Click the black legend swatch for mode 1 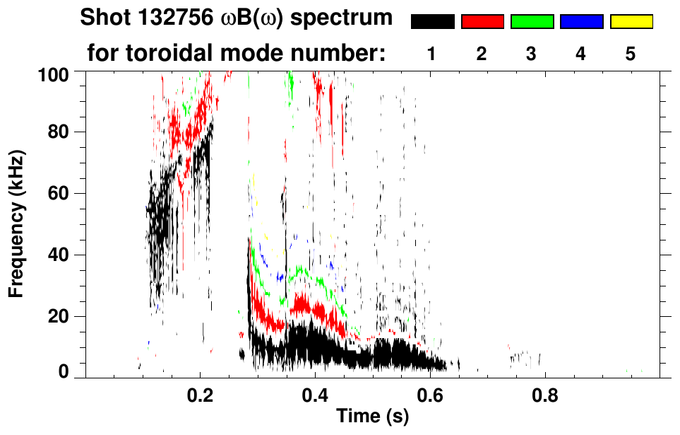tap(433, 22)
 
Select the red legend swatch tap(482, 22)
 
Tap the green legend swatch tap(532, 22)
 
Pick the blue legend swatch tap(581, 22)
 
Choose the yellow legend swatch tap(631, 22)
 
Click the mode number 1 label tap(432, 54)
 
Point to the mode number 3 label tap(532, 54)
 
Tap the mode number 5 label tap(631, 54)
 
